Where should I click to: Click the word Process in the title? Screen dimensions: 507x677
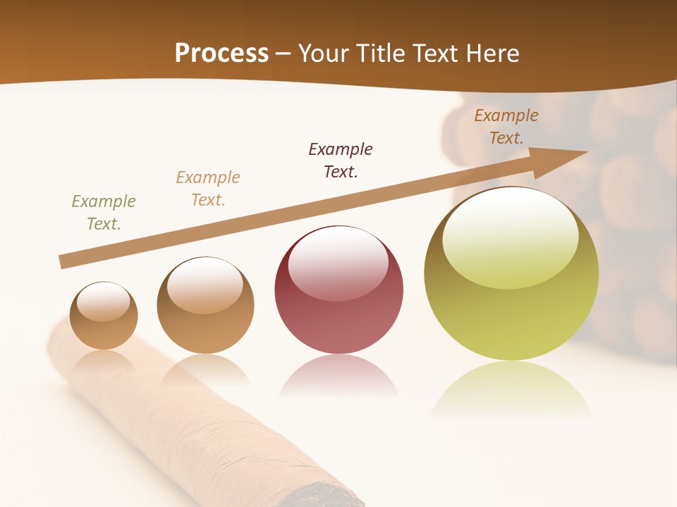(221, 53)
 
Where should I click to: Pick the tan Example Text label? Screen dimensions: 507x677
(208, 189)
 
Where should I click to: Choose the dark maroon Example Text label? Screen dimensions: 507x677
(341, 160)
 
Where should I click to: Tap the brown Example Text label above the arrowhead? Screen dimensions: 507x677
(506, 127)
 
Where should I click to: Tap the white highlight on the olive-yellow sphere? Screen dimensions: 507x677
(510, 236)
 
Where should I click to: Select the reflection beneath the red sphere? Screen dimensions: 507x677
(338, 377)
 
